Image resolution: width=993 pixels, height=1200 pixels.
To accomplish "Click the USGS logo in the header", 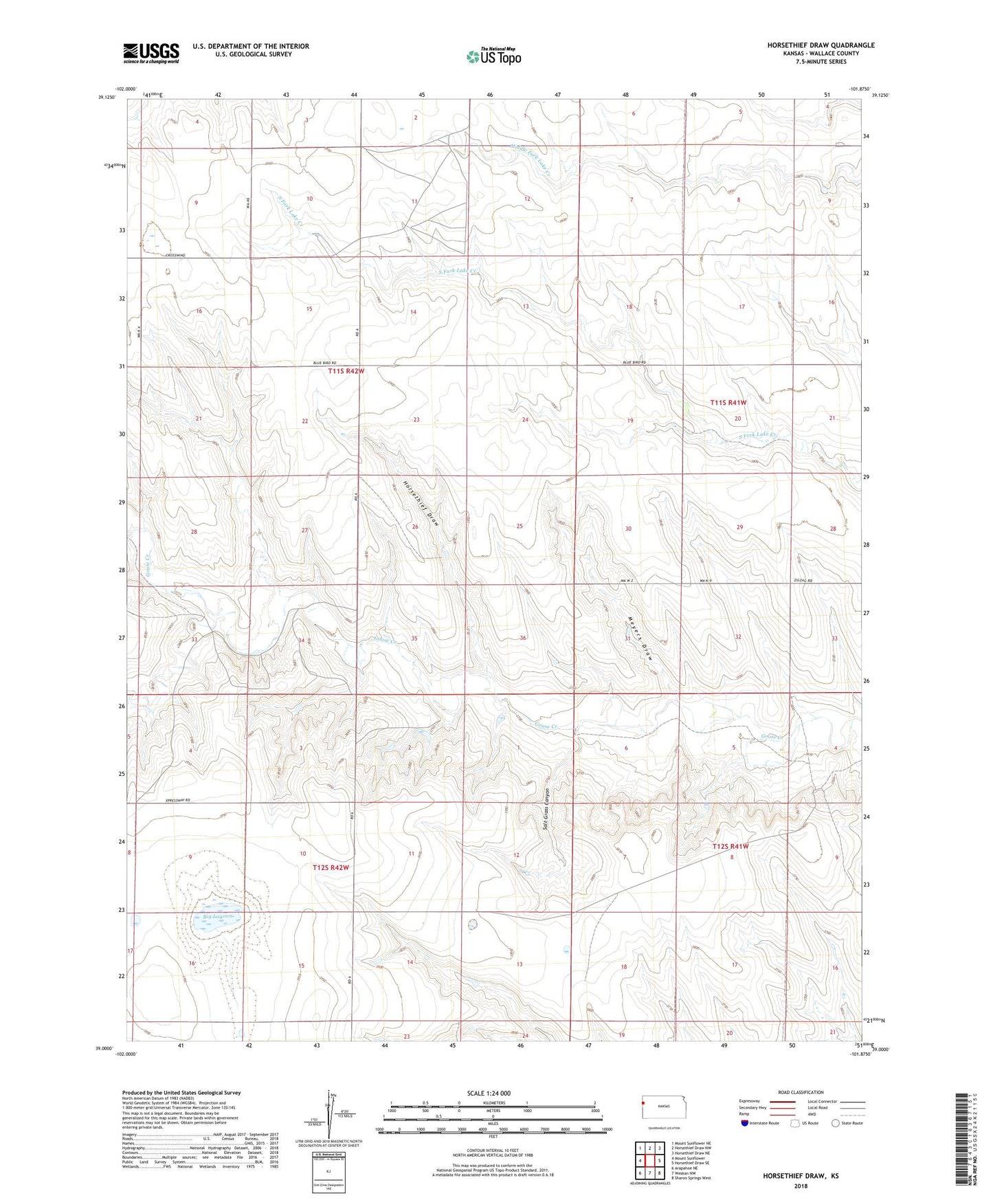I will pyautogui.click(x=151, y=53).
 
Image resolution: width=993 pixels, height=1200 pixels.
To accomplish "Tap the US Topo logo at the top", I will pyautogui.click(x=493, y=56).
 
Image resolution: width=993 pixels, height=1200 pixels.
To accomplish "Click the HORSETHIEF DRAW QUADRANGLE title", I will pyautogui.click(x=821, y=45).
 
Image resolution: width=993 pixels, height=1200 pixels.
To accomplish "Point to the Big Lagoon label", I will pyautogui.click(x=219, y=918).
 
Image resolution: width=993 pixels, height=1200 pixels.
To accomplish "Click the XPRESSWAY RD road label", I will pyautogui.click(x=177, y=801).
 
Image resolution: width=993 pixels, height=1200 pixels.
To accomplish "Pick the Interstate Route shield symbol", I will pyautogui.click(x=746, y=1123).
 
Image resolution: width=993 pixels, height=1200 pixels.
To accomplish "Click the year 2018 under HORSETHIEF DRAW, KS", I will pyautogui.click(x=801, y=1186).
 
